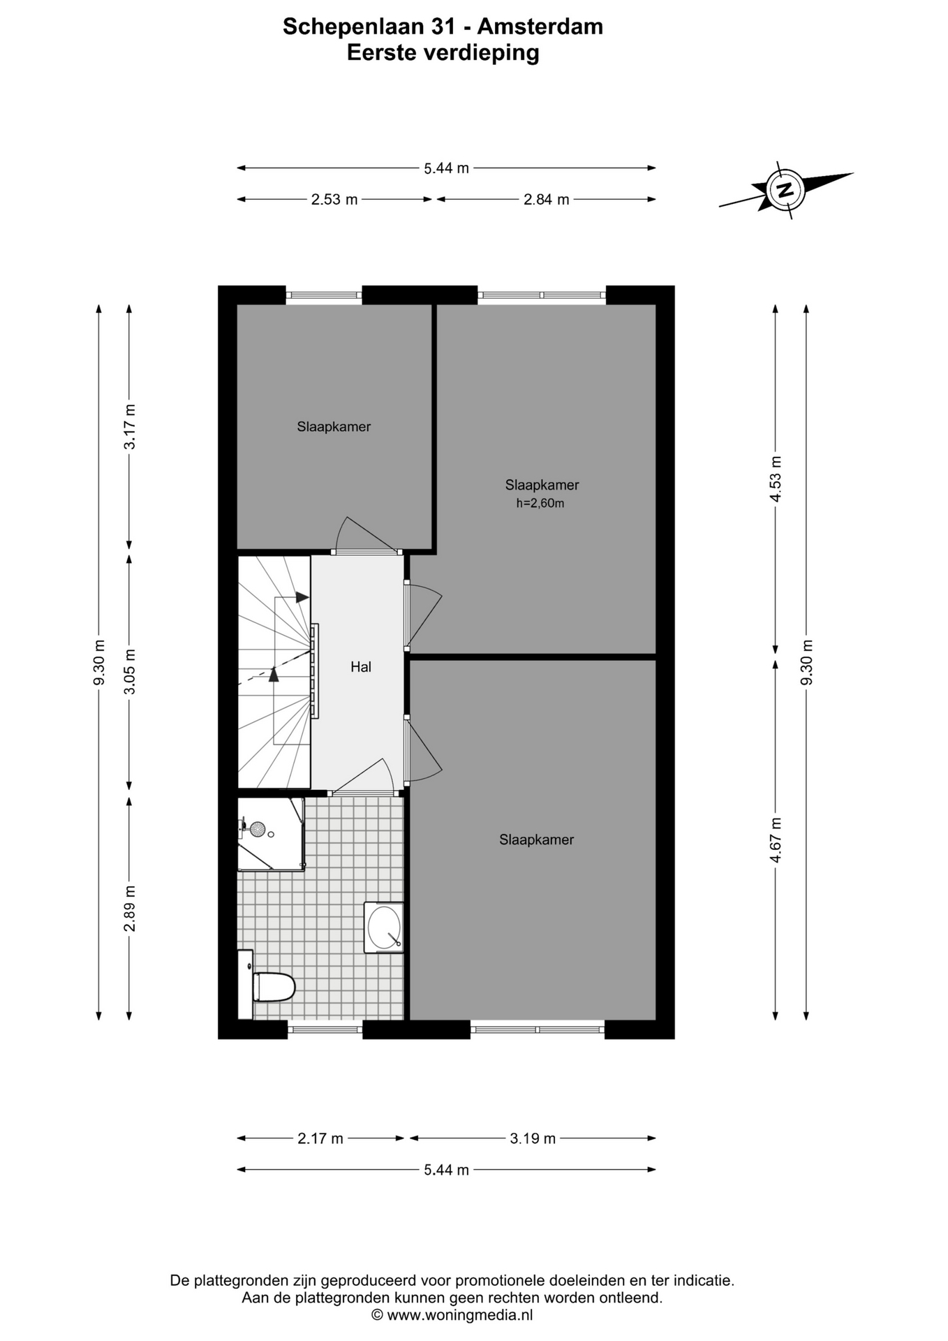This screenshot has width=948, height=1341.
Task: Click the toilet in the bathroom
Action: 274,987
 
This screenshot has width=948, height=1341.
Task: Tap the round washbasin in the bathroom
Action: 384,927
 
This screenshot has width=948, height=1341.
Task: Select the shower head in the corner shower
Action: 258,830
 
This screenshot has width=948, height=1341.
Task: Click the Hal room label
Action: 361,667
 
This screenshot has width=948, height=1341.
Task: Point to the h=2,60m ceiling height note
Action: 540,503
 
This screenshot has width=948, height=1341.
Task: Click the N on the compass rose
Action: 786,189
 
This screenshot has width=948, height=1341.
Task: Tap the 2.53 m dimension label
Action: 334,200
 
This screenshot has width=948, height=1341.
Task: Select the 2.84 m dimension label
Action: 547,200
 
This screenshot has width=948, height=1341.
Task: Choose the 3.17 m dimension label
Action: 130,427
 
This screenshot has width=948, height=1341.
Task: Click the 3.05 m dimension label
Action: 130,672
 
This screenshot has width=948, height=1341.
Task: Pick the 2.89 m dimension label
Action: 130,908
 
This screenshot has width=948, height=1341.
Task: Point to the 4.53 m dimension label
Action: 776,478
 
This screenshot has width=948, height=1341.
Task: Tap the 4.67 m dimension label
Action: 776,840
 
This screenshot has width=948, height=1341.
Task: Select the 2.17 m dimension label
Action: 320,1138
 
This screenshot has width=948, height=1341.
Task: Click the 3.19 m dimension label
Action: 533,1138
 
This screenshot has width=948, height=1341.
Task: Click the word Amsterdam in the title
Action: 540,27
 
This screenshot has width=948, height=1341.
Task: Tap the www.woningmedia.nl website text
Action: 460,1315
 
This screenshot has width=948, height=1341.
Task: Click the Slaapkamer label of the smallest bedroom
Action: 334,427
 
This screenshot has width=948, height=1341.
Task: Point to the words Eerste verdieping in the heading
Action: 443,53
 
